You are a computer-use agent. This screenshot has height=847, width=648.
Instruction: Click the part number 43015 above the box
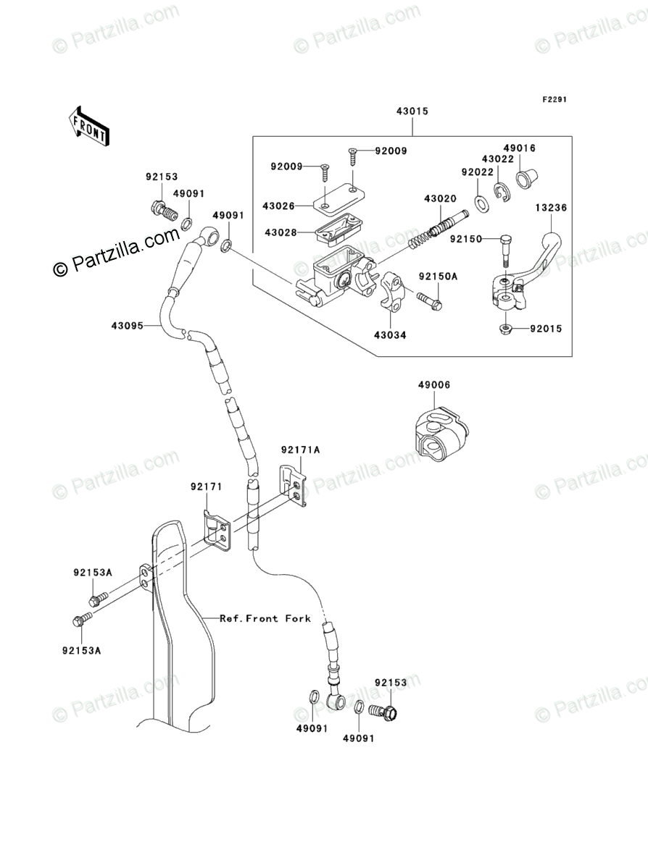[412, 111]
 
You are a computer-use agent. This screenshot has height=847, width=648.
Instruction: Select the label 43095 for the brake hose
[127, 326]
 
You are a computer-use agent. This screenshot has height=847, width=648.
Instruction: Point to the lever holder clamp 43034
[393, 292]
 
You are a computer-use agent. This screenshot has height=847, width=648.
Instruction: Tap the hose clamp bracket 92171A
[293, 486]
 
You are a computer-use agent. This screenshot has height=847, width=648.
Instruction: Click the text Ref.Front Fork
[265, 618]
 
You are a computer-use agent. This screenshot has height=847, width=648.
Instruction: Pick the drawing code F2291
[554, 100]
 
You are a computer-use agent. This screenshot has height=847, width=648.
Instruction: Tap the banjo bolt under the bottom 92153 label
[383, 712]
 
